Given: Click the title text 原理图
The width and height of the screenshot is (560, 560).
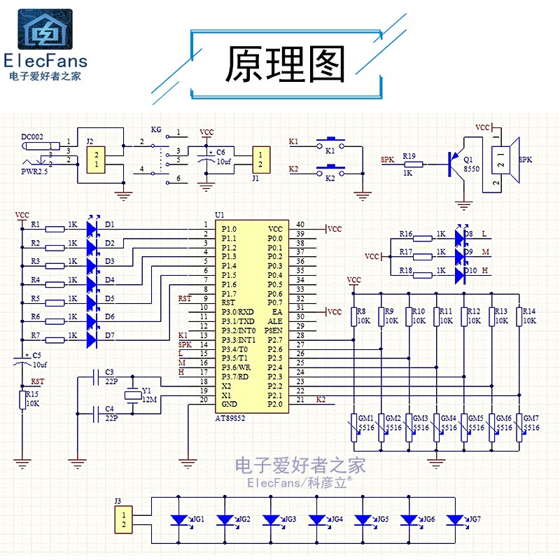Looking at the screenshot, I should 285,65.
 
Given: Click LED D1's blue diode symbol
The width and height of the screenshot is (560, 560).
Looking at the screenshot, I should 91,227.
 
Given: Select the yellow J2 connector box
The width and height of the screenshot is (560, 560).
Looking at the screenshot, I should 97,159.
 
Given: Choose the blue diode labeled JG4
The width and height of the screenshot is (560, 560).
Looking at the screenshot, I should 317,520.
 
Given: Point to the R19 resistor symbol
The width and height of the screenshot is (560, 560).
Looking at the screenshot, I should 413,166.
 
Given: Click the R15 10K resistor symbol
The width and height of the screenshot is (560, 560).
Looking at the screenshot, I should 23,400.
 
